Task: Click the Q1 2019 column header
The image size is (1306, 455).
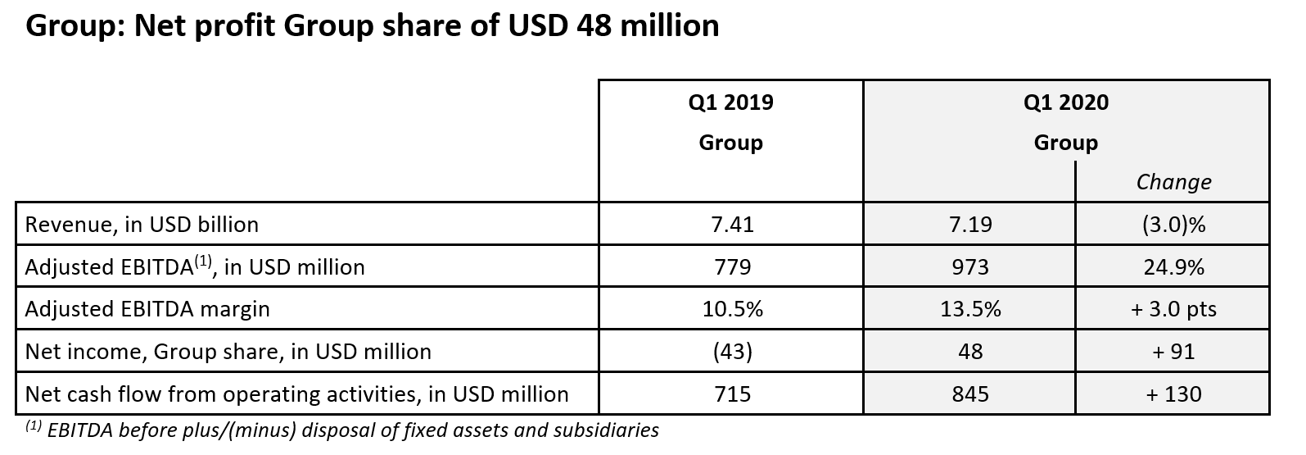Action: pos(730,103)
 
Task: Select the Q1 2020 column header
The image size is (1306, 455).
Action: pos(1065,103)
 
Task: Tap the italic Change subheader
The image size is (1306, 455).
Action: pos(1173,182)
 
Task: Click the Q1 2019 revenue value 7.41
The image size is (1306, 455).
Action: pos(730,225)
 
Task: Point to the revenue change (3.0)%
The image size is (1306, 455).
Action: pos(1173,225)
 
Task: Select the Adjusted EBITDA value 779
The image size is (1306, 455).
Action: pos(730,267)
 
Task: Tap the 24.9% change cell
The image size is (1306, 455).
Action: pos(1173,267)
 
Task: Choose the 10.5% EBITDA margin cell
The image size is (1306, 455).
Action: pos(730,309)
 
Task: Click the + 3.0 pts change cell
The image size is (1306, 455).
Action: pos(1173,309)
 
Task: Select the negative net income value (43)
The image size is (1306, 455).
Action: pos(730,352)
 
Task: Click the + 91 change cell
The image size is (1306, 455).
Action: pos(1173,352)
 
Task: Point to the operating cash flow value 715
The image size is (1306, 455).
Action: pos(730,394)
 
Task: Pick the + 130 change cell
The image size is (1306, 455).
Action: pos(1173,394)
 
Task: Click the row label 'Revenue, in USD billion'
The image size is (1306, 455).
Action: pos(142,225)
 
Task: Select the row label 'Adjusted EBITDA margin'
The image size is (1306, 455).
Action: pos(147,309)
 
